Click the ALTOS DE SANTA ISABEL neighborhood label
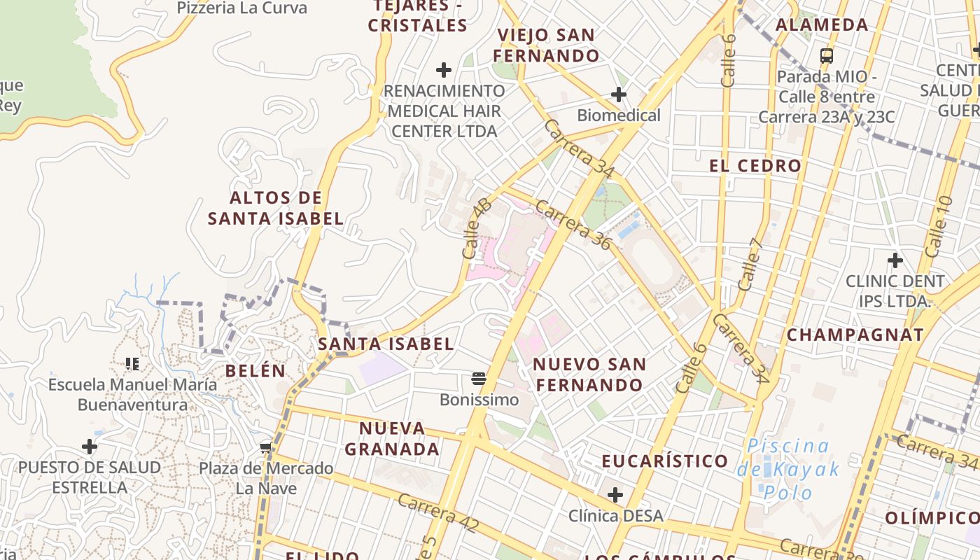(x=276, y=208)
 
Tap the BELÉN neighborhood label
(x=255, y=371)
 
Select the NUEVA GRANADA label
(x=392, y=438)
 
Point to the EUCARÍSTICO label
(x=665, y=461)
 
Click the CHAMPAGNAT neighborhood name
(x=855, y=335)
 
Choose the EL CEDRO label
(x=755, y=166)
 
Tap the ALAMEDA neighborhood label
(x=822, y=25)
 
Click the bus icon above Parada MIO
(x=827, y=55)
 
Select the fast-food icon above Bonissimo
(x=479, y=379)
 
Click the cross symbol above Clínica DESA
(x=615, y=496)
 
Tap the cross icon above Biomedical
(x=619, y=94)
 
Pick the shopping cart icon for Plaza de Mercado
(x=265, y=448)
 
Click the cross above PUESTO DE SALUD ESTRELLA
(x=89, y=447)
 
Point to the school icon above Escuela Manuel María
(x=132, y=364)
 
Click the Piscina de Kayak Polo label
(x=787, y=468)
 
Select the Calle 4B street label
(x=477, y=227)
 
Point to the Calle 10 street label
(x=938, y=226)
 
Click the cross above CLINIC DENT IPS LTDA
(x=895, y=261)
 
